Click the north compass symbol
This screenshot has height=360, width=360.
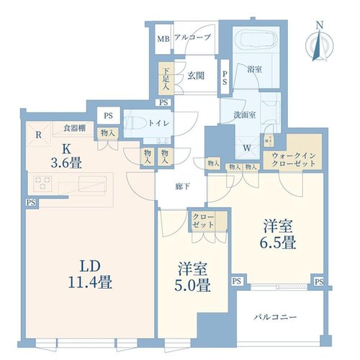pos(320,42)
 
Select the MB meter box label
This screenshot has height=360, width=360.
pos(163,39)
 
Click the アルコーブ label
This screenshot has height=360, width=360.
pos(193,37)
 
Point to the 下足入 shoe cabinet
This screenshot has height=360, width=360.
pos(166,79)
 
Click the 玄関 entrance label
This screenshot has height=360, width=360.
pos(196,76)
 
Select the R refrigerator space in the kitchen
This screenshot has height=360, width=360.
pos(39,135)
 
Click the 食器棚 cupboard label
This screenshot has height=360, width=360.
pos(75,128)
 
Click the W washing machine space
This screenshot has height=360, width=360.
pos(248,148)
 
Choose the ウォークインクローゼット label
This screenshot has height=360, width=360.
pos(294,160)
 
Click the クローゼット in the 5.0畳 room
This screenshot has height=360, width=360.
pos(209,221)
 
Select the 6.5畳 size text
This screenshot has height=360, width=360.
pos(277,243)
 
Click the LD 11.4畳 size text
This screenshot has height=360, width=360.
pos(90,274)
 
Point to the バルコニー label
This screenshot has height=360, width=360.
pos(276,318)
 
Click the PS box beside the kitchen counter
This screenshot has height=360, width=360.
pos(31,202)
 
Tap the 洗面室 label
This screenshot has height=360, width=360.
pos(245,115)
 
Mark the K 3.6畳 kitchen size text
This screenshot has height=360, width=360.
pos(66,156)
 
